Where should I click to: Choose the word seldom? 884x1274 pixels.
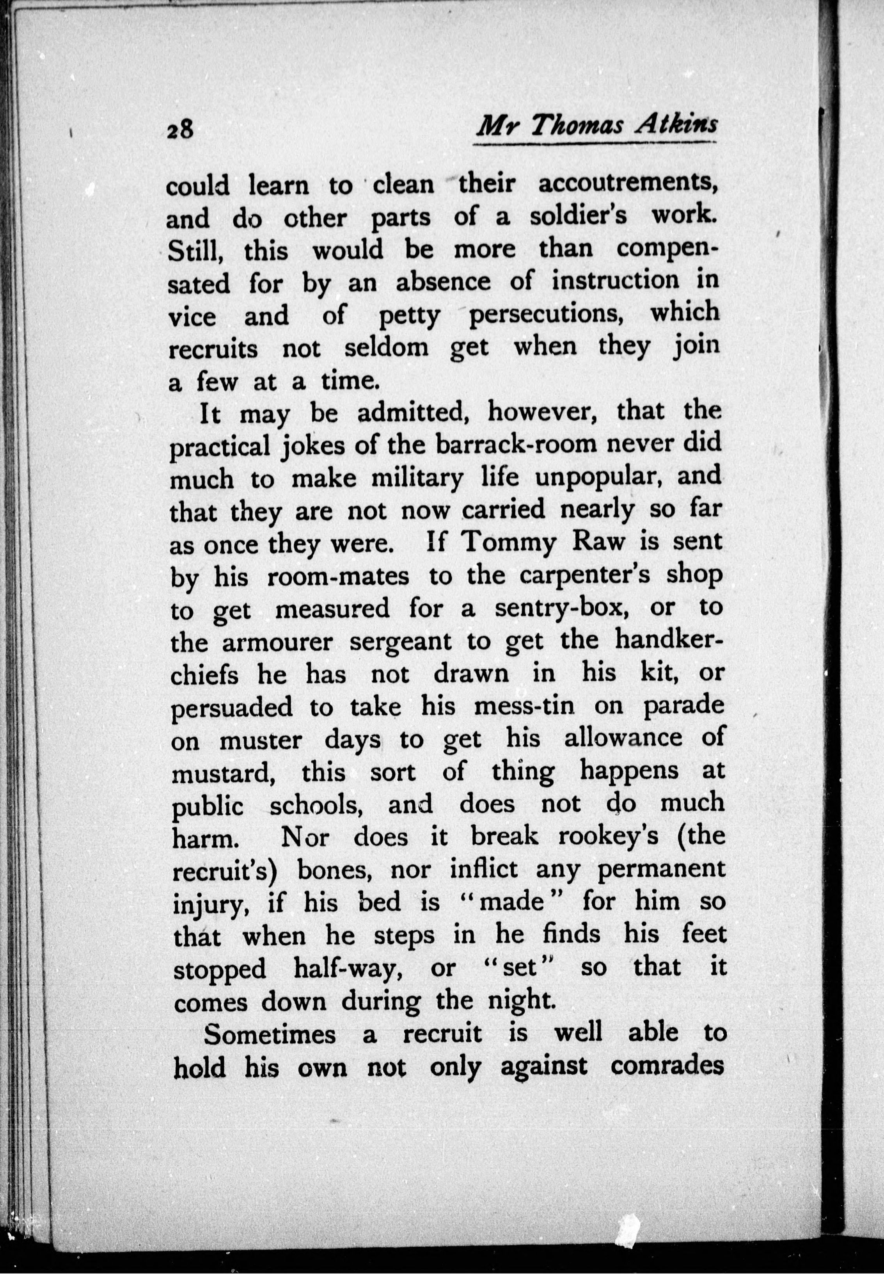coord(387,348)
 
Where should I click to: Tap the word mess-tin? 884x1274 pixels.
coord(525,707)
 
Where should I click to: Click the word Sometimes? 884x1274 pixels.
coord(270,1034)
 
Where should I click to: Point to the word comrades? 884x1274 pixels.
coord(668,1066)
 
